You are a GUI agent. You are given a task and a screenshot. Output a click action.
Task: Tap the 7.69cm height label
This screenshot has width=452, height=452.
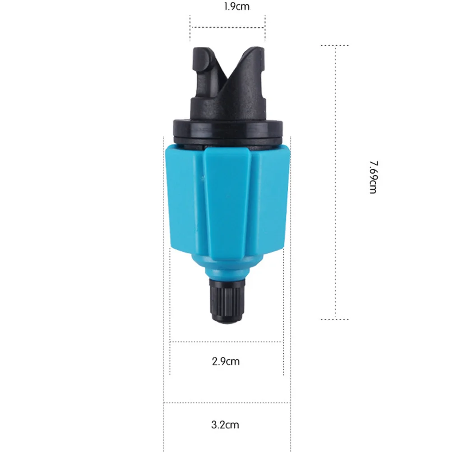coord(373,177)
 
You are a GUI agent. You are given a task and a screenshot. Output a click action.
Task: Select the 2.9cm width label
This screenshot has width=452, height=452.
coord(226,361)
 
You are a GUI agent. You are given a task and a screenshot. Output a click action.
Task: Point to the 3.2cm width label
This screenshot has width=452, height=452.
coord(225,424)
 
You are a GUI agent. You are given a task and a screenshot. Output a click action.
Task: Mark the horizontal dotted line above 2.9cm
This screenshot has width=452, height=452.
coord(226,341)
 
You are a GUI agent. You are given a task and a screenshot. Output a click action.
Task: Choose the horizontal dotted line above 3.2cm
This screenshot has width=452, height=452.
coord(226,403)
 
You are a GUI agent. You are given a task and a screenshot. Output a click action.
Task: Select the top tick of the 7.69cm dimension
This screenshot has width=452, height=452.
coord(335,46)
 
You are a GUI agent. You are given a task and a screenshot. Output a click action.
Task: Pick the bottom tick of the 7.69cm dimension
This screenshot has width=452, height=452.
coord(335,319)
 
